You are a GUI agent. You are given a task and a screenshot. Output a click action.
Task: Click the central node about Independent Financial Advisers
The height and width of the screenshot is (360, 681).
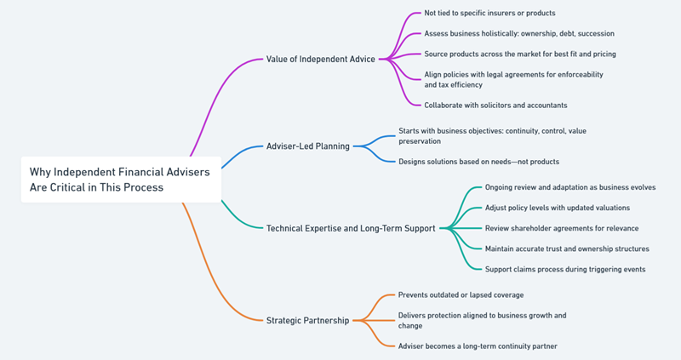click(120, 179)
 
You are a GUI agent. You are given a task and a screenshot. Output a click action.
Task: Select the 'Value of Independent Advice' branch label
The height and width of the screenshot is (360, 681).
click(320, 59)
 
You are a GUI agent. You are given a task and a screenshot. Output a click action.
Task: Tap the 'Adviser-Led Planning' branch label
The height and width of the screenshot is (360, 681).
click(307, 146)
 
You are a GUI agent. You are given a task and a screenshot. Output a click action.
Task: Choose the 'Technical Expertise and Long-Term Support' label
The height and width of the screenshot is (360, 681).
click(351, 228)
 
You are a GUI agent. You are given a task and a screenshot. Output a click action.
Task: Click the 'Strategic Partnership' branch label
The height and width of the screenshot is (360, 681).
click(307, 320)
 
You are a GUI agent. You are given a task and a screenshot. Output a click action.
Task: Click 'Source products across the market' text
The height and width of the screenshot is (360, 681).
click(520, 54)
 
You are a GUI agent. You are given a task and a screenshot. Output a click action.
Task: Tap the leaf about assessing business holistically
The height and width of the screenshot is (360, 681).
click(519, 33)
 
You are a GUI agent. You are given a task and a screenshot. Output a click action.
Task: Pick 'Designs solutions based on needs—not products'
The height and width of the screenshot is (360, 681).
click(478, 161)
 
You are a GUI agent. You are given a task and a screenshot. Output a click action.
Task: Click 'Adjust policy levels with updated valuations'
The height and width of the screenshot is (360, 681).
click(557, 207)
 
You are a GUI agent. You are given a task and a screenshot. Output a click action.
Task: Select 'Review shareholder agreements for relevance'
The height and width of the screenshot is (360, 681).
click(562, 228)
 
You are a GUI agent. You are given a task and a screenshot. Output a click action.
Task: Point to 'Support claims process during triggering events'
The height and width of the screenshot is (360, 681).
click(564, 269)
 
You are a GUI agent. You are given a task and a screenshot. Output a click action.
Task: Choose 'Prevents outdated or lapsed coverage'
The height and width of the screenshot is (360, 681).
click(461, 294)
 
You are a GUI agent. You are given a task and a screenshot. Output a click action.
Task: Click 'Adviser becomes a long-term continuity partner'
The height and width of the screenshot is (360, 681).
click(478, 346)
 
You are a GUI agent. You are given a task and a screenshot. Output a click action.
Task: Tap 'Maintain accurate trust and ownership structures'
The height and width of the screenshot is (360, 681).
click(567, 249)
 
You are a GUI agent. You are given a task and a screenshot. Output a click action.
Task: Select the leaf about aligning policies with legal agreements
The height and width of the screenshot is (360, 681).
click(513, 79)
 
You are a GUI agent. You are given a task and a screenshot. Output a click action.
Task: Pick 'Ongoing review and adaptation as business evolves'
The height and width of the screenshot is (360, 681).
click(569, 186)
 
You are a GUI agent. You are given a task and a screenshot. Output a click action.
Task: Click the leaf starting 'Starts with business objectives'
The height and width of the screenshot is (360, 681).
click(492, 135)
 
